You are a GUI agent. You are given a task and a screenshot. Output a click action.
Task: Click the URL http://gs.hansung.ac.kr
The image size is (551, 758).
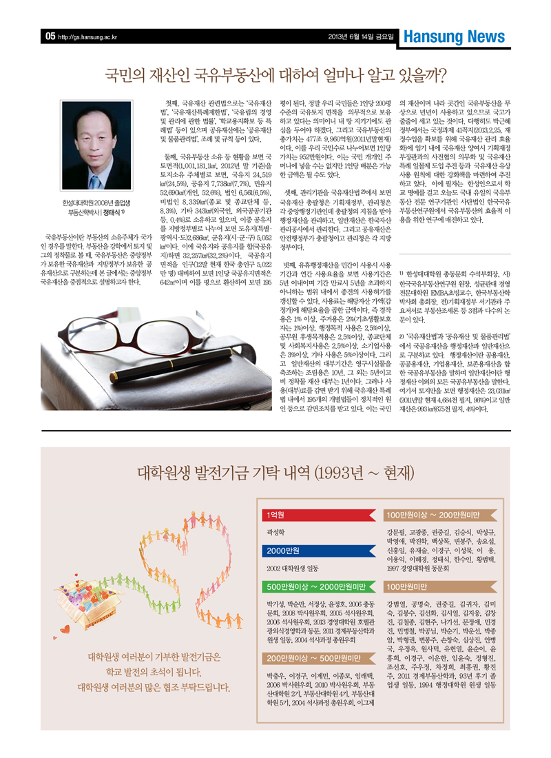point(86,37)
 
